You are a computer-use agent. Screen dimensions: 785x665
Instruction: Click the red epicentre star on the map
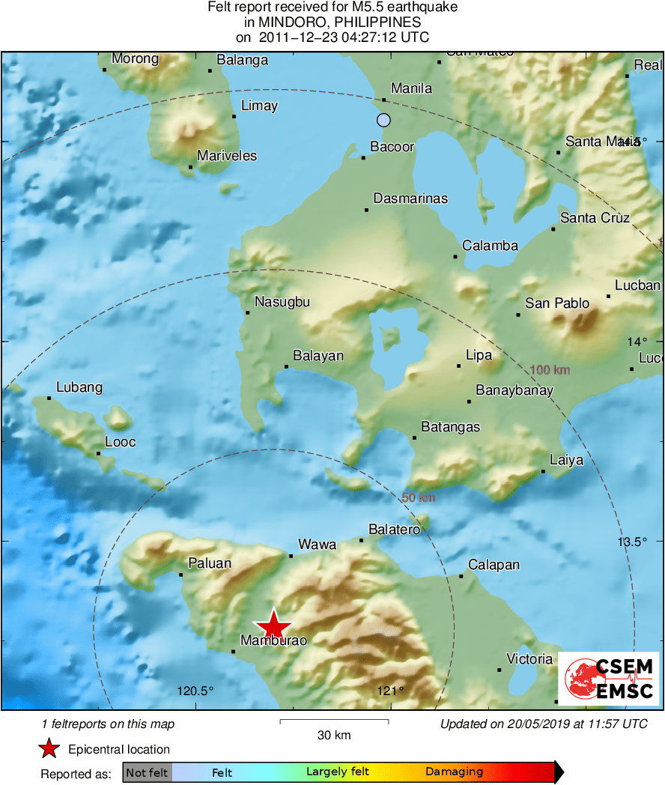point(273,625)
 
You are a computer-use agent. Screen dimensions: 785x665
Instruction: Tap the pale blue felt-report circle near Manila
point(384,120)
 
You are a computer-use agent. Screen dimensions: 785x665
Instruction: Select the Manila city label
point(412,88)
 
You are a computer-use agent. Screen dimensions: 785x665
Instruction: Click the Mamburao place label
point(273,640)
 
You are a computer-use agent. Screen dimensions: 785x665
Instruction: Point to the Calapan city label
point(494,565)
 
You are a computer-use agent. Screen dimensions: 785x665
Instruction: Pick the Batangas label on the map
point(451,427)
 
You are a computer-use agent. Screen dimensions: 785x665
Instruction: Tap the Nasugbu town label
point(282,302)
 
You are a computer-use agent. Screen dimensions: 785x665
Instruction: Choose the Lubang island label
point(79,387)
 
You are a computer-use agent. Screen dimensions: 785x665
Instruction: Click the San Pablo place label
point(557,303)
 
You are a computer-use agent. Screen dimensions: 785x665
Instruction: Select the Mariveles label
point(227,156)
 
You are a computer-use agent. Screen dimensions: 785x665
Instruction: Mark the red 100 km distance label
point(550,369)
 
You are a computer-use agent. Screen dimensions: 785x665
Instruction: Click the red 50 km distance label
point(419,497)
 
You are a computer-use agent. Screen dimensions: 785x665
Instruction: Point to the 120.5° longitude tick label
point(195,691)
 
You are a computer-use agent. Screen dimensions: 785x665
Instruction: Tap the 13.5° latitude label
point(632,542)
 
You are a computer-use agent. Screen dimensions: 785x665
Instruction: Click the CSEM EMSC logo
point(611,679)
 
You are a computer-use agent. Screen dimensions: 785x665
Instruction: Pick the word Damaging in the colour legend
point(455,772)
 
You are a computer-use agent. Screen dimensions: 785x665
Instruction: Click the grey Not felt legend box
point(147,772)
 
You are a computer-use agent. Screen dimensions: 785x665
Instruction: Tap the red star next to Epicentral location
point(49,748)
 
